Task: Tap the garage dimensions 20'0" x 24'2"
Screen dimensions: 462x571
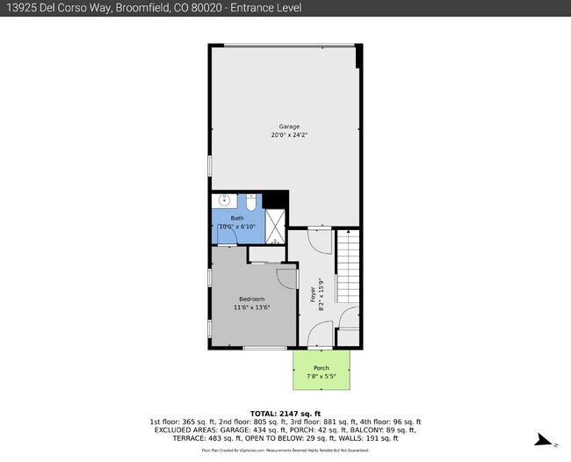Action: click(x=289, y=135)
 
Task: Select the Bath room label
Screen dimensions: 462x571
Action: click(x=237, y=218)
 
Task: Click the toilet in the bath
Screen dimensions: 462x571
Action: click(x=250, y=203)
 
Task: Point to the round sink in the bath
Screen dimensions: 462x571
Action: click(x=224, y=201)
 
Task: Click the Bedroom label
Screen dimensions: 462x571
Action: click(x=250, y=300)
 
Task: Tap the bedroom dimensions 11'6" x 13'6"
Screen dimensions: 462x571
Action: click(x=251, y=308)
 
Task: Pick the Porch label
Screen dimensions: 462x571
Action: click(x=322, y=368)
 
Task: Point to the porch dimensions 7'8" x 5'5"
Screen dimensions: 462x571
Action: click(x=322, y=377)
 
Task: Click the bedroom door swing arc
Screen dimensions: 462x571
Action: click(x=287, y=278)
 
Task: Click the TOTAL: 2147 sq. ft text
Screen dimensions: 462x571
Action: click(x=285, y=413)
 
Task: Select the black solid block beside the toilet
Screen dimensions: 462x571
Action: click(x=276, y=199)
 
